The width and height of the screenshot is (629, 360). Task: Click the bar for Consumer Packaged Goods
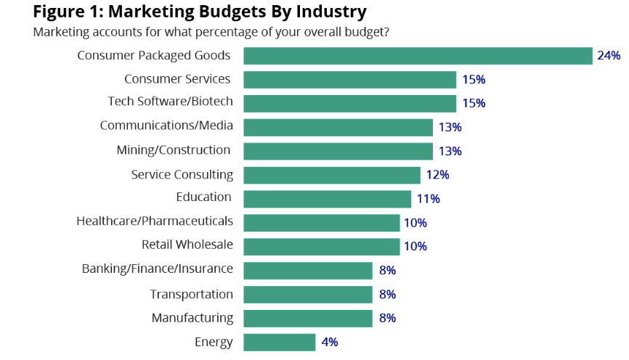pyautogui.click(x=418, y=56)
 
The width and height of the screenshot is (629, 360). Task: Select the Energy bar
pyautogui.click(x=280, y=342)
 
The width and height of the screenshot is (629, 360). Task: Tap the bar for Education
pyautogui.click(x=328, y=199)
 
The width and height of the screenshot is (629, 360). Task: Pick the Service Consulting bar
pyautogui.click(x=332, y=175)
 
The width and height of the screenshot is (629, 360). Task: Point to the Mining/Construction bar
pyautogui.click(x=338, y=151)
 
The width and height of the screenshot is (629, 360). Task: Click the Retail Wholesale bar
pyautogui.click(x=322, y=246)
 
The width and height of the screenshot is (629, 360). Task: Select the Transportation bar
pyautogui.click(x=308, y=294)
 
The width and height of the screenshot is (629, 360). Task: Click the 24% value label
pyautogui.click(x=609, y=56)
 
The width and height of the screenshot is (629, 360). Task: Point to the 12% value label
pyautogui.click(x=437, y=175)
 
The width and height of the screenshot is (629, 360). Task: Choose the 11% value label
pyautogui.click(x=428, y=199)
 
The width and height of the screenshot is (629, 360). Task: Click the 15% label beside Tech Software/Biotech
pyautogui.click(x=474, y=103)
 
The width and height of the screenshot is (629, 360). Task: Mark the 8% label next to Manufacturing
pyautogui.click(x=386, y=318)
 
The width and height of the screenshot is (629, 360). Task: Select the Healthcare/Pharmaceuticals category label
pyautogui.click(x=155, y=221)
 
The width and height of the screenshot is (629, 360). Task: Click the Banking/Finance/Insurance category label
pyautogui.click(x=158, y=269)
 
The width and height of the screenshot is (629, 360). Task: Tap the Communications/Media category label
pyautogui.click(x=166, y=126)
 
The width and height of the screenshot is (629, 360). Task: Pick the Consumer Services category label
pyautogui.click(x=177, y=78)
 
